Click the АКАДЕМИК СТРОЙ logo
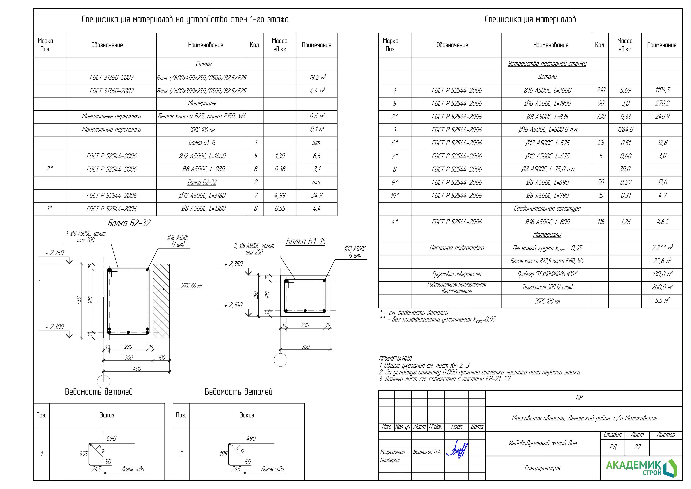coord(641,468)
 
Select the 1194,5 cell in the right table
coord(662,90)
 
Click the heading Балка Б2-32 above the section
coord(129,223)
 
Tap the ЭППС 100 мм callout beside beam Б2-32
coord(191,286)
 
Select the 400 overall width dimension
coord(137,368)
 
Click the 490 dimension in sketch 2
coord(251,438)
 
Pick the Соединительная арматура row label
coord(547,208)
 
